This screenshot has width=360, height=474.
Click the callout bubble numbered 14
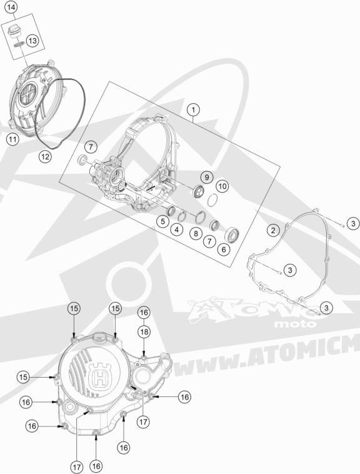(11, 8)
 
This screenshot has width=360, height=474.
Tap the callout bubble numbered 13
(32, 40)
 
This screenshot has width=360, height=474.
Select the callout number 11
(12, 139)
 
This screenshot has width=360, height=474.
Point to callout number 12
(45, 156)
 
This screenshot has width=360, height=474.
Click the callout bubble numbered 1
(193, 109)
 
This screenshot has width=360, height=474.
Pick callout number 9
(207, 177)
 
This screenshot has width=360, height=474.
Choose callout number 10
(222, 186)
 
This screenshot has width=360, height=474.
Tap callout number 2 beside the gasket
(273, 231)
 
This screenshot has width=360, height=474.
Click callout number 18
(144, 332)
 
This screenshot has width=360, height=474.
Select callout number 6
(224, 250)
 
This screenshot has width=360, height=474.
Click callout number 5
(162, 221)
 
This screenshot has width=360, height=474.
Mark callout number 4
(177, 229)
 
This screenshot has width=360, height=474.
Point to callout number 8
(196, 233)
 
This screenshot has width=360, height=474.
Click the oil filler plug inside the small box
(13, 31)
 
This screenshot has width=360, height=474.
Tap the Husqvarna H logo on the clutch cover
(99, 376)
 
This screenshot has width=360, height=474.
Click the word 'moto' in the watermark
(295, 324)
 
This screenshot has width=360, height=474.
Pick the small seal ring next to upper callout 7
(82, 159)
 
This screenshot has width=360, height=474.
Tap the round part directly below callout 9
(199, 191)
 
